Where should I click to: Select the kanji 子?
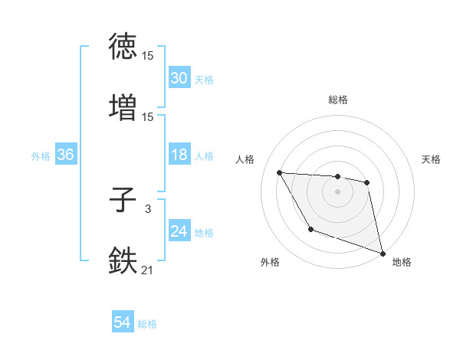click(x=123, y=201)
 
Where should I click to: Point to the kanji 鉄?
click(x=123, y=260)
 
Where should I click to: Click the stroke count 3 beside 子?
click(x=148, y=209)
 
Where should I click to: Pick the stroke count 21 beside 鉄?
click(x=148, y=269)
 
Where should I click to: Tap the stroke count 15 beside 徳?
click(x=148, y=57)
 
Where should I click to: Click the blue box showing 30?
click(x=179, y=77)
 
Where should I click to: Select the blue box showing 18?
click(x=179, y=155)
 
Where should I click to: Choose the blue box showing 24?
click(x=179, y=232)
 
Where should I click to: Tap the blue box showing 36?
click(x=65, y=155)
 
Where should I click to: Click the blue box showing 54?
click(x=123, y=323)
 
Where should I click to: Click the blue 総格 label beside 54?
click(x=147, y=324)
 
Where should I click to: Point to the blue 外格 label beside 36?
click(x=41, y=156)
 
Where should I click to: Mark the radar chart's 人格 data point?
click(x=280, y=172)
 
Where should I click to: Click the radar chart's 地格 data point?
click(x=383, y=254)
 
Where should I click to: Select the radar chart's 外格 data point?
click(x=310, y=229)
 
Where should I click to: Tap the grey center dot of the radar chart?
click(x=337, y=191)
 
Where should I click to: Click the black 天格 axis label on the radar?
click(x=432, y=159)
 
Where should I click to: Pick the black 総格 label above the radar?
click(x=338, y=100)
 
